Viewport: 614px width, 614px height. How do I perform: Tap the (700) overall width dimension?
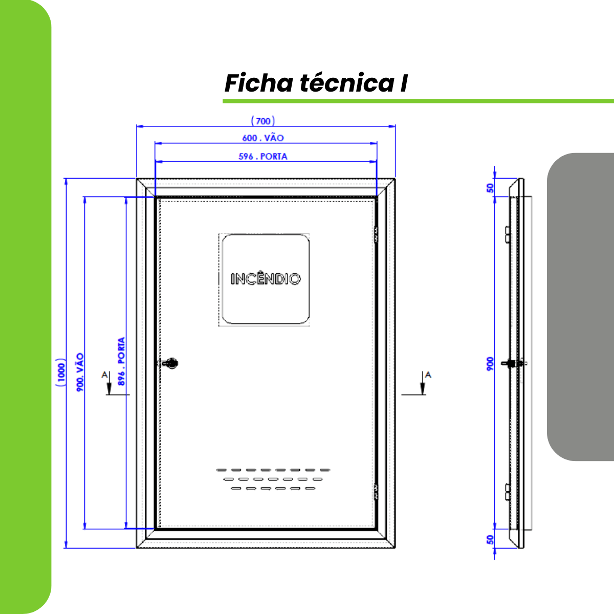pyautogui.click(x=262, y=121)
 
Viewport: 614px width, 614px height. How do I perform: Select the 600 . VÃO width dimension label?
pyautogui.click(x=263, y=138)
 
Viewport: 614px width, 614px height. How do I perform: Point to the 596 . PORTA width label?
pyautogui.click(x=263, y=157)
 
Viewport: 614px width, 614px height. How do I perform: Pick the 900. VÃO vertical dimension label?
pyautogui.click(x=80, y=372)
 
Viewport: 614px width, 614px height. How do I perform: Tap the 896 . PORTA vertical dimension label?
pyautogui.click(x=121, y=361)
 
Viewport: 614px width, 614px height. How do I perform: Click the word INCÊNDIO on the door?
pyautogui.click(x=265, y=279)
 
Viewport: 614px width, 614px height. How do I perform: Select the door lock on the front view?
pyautogui.click(x=169, y=363)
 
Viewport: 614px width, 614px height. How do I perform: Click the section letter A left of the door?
pyautogui.click(x=104, y=375)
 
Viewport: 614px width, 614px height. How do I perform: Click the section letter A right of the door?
pyautogui.click(x=428, y=375)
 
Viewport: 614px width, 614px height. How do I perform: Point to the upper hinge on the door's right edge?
pyautogui.click(x=376, y=235)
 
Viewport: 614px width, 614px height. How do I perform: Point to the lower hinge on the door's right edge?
pyautogui.click(x=376, y=491)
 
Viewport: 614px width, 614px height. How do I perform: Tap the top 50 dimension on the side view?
pyautogui.click(x=490, y=188)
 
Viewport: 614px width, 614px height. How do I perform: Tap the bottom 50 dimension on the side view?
pyautogui.click(x=490, y=539)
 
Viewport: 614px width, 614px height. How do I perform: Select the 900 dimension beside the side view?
pyautogui.click(x=490, y=364)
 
